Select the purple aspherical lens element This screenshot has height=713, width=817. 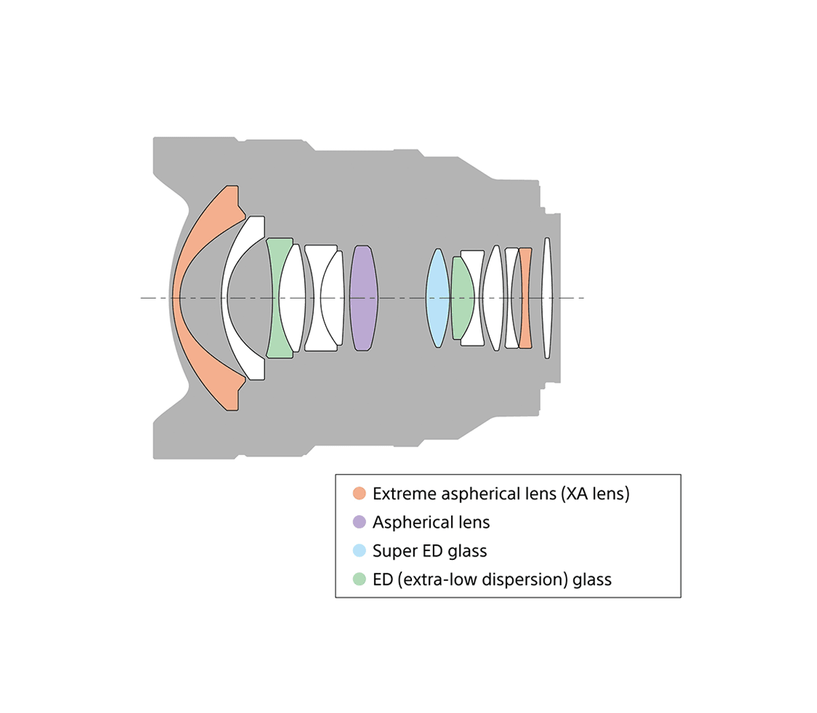[x=363, y=298]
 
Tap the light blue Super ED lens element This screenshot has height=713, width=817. [x=438, y=298]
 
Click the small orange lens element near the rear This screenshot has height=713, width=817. [x=526, y=298]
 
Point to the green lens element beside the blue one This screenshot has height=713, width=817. [x=462, y=298]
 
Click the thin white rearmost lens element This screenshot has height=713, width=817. [x=547, y=298]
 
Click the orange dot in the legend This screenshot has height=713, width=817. [x=359, y=494]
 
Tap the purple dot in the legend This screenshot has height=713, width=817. [x=359, y=522]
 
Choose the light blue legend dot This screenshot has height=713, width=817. [x=359, y=550]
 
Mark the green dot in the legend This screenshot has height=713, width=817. [x=359, y=579]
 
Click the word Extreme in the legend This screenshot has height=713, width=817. [x=404, y=494]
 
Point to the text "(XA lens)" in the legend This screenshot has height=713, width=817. [x=595, y=494]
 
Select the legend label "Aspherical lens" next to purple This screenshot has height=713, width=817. [x=431, y=522]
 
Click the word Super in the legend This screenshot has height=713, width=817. [x=394, y=550]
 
